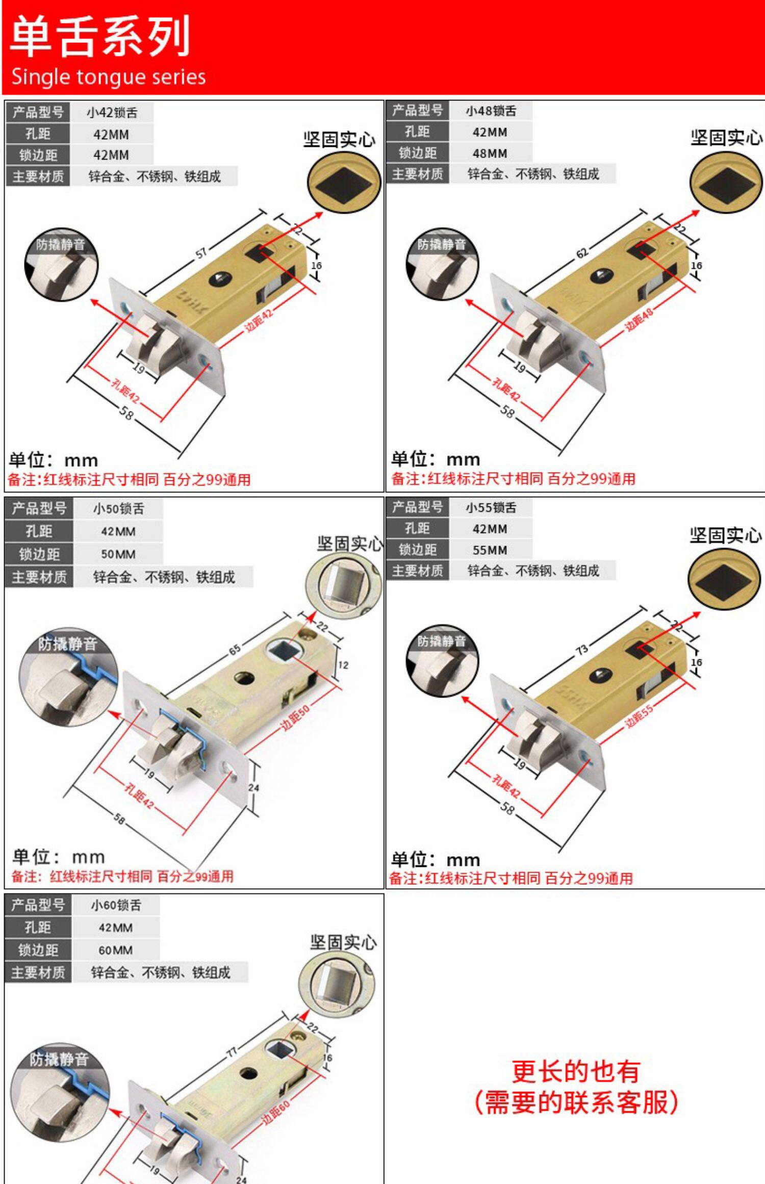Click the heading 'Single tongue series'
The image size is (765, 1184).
[x=108, y=76]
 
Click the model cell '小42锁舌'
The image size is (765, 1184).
[x=112, y=113]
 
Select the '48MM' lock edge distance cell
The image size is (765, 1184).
[x=490, y=153]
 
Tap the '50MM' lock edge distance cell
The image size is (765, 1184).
[x=118, y=554]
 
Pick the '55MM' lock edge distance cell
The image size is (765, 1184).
[x=490, y=550]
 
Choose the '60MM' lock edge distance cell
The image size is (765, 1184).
[x=115, y=950]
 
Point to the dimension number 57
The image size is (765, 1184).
[x=202, y=252]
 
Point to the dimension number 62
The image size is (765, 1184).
[x=582, y=252]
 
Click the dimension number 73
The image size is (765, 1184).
[x=582, y=649]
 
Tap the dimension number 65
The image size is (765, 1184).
[x=235, y=650]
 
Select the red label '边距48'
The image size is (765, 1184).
[x=639, y=320]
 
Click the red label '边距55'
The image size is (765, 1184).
[x=639, y=717]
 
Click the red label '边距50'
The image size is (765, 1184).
[x=295, y=717]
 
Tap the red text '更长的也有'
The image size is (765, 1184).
[x=576, y=1071]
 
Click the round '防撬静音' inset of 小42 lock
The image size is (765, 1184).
[x=61, y=264]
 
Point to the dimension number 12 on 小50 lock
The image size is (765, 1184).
[x=343, y=665]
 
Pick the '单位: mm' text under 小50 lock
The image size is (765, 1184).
[x=59, y=857]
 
